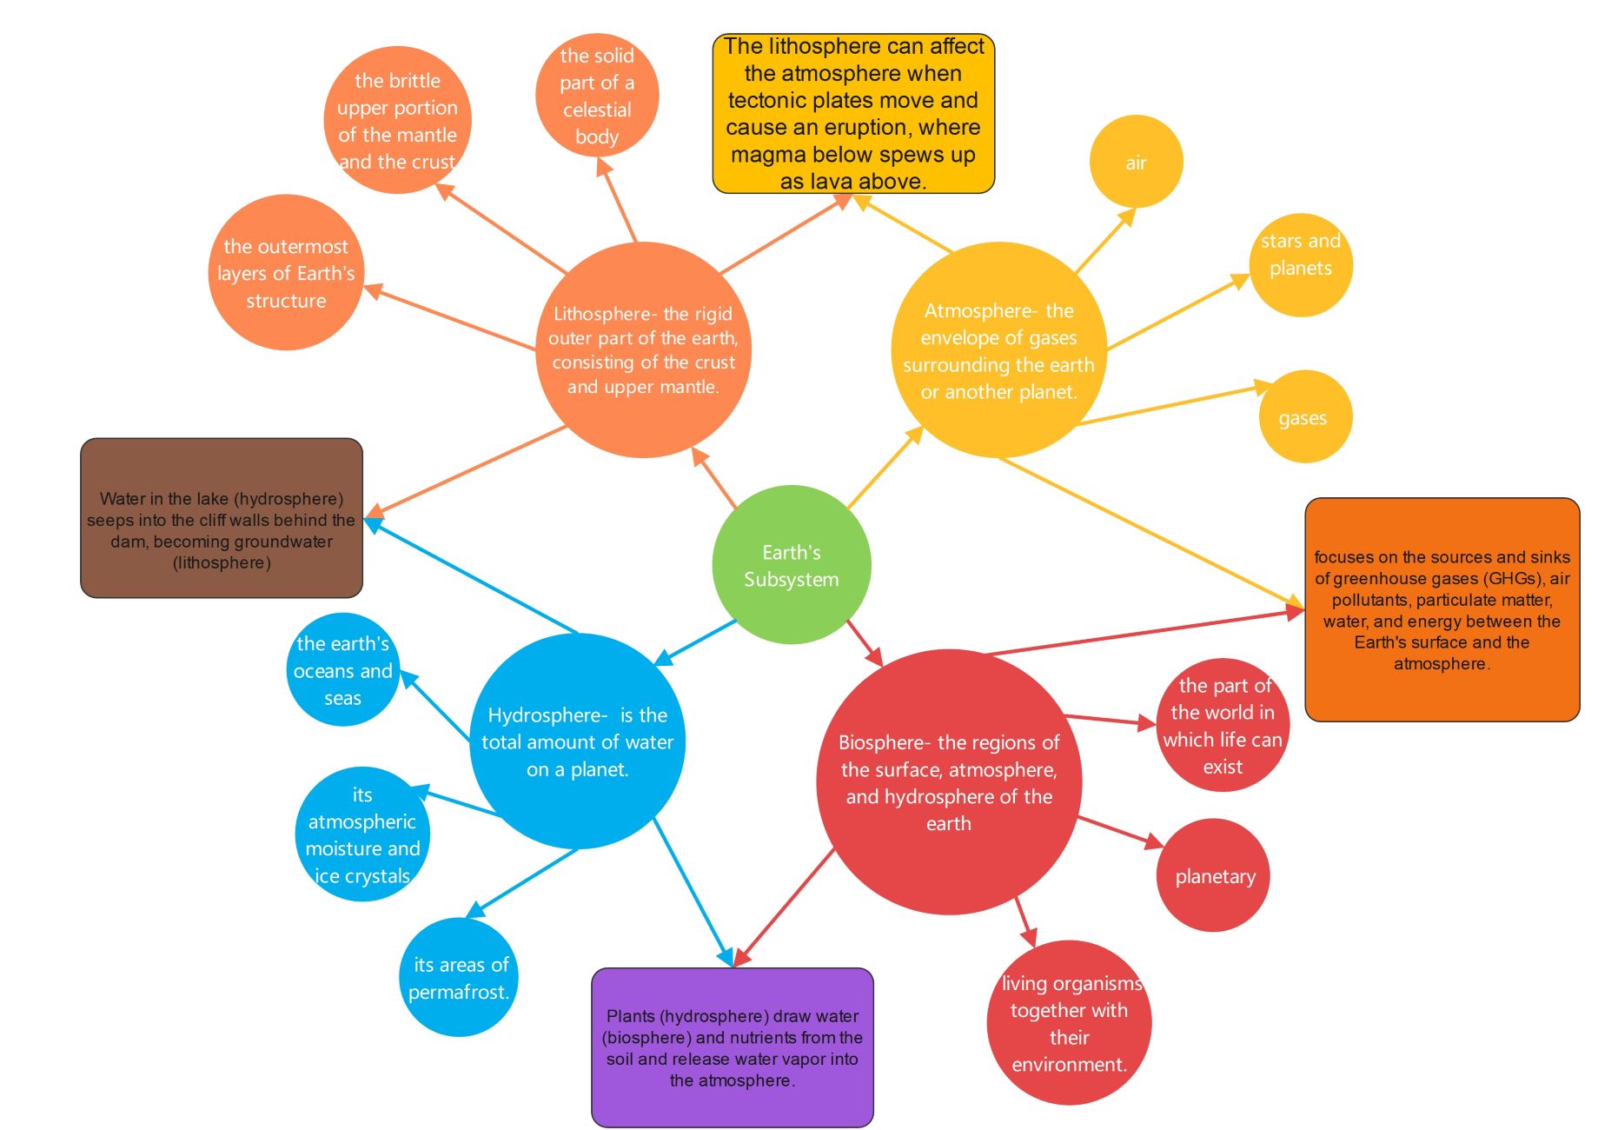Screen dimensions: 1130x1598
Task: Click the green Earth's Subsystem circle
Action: click(791, 565)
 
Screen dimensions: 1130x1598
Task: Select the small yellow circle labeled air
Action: click(1136, 163)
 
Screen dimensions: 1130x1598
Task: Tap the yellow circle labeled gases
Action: click(1304, 417)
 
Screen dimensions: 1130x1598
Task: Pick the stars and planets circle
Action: click(1300, 264)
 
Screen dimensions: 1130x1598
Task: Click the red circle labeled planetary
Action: click(1213, 875)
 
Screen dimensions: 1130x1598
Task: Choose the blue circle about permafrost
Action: click(459, 977)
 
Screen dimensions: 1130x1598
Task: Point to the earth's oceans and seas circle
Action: click(342, 670)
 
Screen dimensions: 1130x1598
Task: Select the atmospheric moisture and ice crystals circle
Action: click(362, 834)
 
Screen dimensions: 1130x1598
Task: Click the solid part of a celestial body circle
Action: click(597, 95)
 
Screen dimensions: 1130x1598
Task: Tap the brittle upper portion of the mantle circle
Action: click(397, 120)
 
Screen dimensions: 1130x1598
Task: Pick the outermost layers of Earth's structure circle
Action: click(286, 273)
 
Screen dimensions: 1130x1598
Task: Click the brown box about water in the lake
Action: click(222, 518)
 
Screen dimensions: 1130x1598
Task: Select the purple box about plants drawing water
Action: click(732, 1047)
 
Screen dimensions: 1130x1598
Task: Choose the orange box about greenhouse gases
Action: click(1442, 609)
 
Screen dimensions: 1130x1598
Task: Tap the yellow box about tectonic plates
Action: click(853, 113)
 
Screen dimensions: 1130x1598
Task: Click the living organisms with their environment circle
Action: click(1069, 1023)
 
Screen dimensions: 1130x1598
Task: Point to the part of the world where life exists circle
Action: click(1223, 725)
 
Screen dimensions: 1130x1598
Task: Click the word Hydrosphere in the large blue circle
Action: click(547, 715)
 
